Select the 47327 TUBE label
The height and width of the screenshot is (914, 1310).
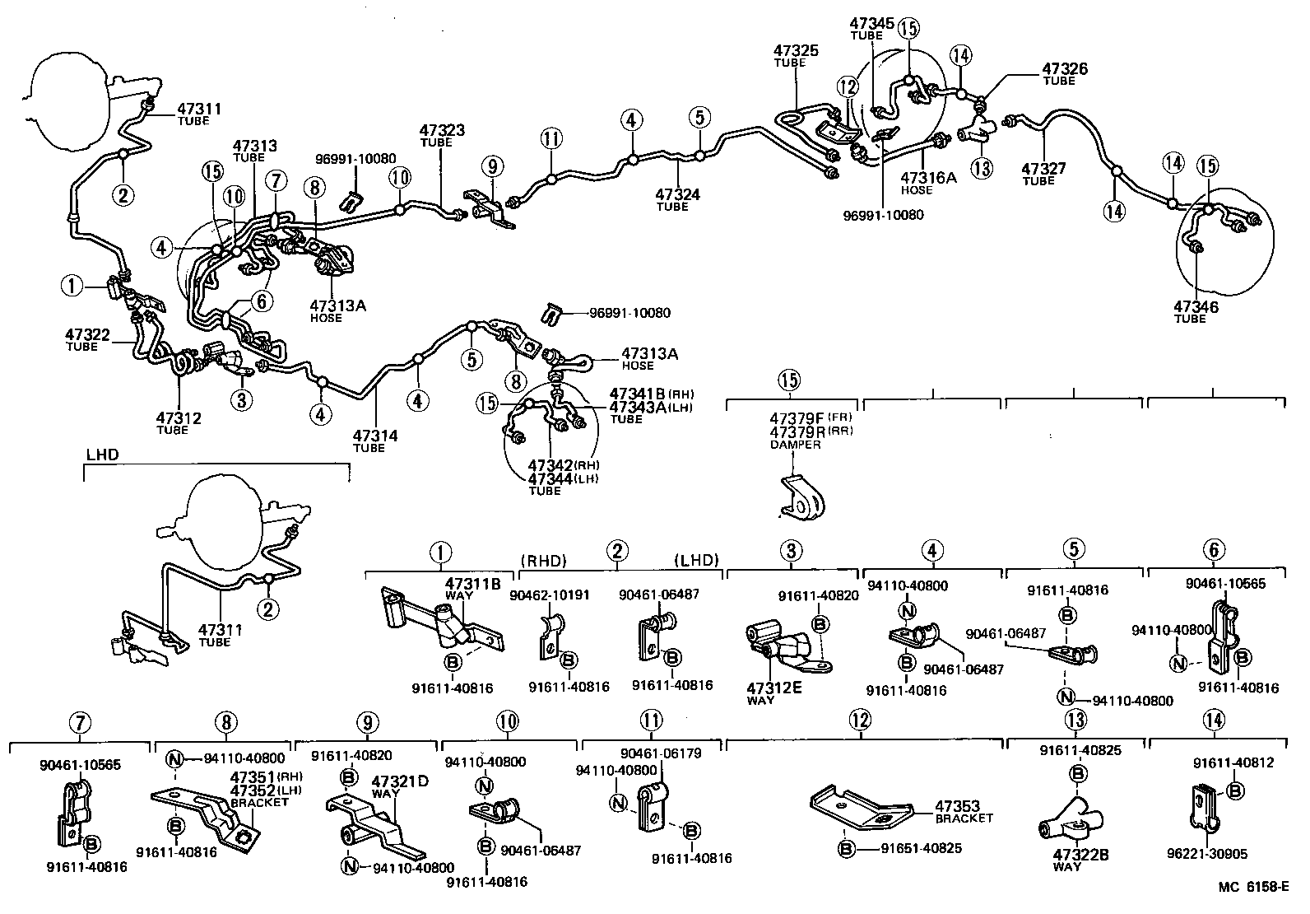(x=1043, y=173)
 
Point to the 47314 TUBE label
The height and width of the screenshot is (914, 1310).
(x=375, y=440)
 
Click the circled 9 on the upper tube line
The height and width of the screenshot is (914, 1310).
(x=492, y=167)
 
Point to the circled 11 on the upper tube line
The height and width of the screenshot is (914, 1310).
(x=551, y=138)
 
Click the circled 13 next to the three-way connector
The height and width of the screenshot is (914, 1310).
(x=982, y=168)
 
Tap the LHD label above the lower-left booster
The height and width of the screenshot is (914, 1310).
(x=102, y=455)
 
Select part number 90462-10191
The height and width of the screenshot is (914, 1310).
(x=549, y=595)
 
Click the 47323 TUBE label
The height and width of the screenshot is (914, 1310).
(x=442, y=134)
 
